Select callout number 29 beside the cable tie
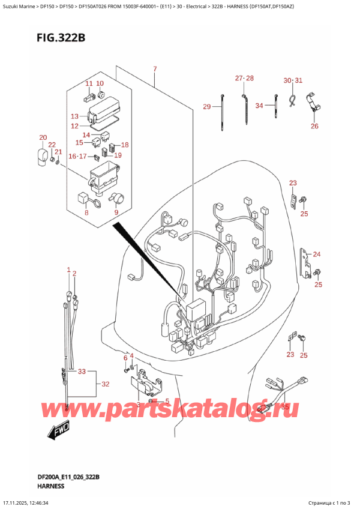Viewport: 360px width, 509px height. pos(207,107)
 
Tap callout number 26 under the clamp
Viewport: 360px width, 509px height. pos(314,126)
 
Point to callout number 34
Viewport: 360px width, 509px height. pos(259,106)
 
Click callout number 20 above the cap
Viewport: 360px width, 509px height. pos(43,137)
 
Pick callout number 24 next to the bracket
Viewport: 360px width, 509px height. pos(317,254)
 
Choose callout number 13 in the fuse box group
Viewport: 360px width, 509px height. pos(74,116)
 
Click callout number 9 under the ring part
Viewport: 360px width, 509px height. pos(116,212)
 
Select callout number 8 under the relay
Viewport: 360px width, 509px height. pos(86,212)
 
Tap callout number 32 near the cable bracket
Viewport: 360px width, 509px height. pos(105,384)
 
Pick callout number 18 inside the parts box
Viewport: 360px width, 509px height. pos(125,145)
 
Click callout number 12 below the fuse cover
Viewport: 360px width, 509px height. pos(74,126)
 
